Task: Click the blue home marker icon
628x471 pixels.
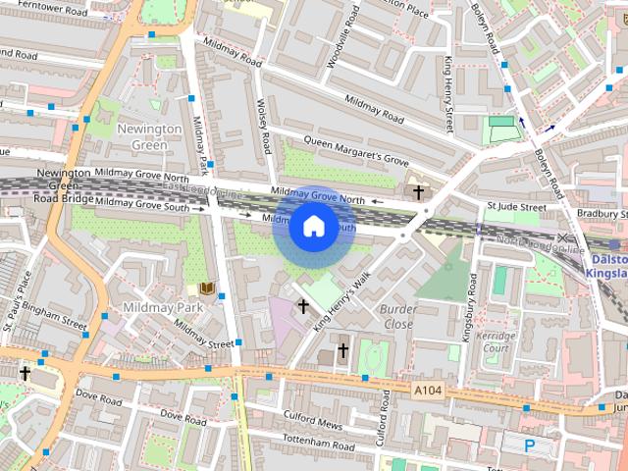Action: (313, 227)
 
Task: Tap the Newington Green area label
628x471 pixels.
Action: (149, 136)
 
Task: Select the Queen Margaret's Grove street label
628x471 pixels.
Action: (356, 150)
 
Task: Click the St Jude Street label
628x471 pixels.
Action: (516, 207)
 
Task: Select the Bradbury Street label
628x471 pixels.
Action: (601, 213)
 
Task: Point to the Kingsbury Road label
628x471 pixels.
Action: (470, 307)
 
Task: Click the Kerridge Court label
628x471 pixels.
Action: (494, 341)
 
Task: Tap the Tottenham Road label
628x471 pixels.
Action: (316, 445)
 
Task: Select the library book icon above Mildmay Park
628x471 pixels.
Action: (206, 288)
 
